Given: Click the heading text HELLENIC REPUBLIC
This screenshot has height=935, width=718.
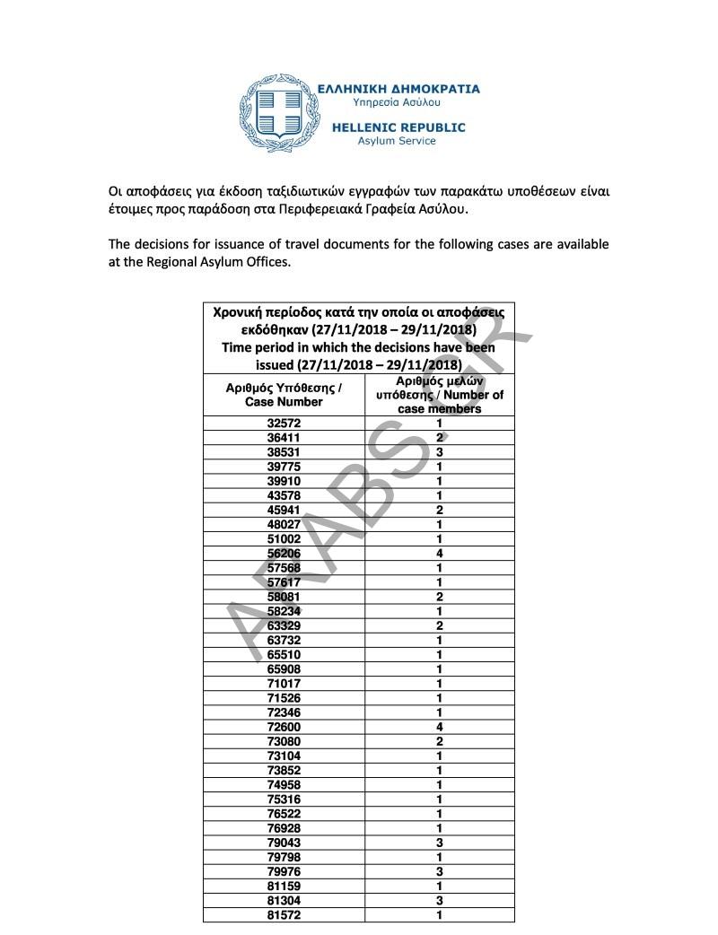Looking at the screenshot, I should tap(398, 127).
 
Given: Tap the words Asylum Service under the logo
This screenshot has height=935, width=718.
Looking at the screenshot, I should tap(397, 141).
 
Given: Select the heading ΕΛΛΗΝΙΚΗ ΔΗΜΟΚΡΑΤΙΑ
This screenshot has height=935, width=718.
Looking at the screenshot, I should tap(399, 89).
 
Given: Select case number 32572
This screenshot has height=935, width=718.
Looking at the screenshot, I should tap(284, 423).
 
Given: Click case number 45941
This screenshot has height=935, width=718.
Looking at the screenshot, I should tap(284, 510).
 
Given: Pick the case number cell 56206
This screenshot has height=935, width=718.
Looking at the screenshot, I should tap(284, 554).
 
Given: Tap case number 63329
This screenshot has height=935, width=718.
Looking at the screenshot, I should tap(284, 625).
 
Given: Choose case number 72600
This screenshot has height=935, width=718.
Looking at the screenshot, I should tap(284, 727).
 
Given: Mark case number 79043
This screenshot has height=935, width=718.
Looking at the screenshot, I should tap(284, 843).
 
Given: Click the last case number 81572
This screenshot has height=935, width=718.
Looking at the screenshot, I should tap(284, 915).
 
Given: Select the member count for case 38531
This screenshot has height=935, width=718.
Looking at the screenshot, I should tap(440, 451).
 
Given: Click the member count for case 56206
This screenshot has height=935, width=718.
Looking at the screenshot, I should tap(440, 554).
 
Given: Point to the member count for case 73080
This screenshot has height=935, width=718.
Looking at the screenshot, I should tap(440, 741).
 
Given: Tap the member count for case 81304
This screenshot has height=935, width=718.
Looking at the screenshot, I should tap(440, 901).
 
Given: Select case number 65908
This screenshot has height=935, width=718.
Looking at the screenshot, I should tap(284, 669).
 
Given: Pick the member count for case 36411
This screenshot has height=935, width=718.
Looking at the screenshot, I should tap(440, 437).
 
